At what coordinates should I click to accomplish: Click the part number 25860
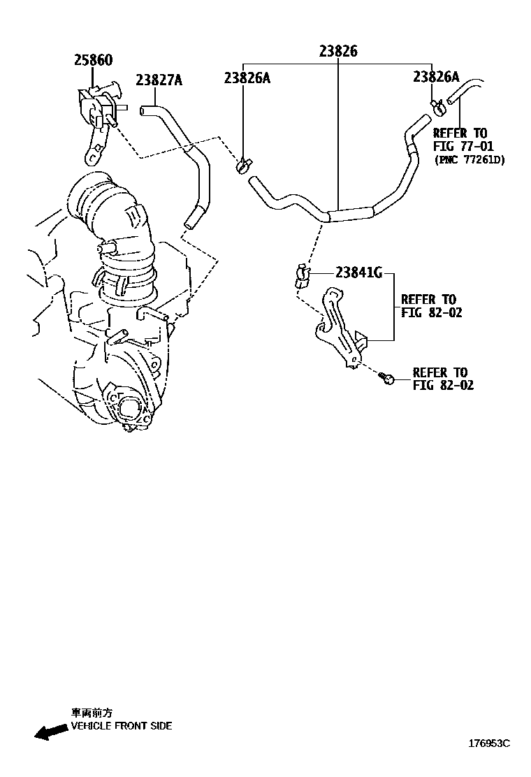coord(93,61)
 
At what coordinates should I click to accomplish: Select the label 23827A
coord(159,80)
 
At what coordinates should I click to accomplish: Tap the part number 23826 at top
coord(338,51)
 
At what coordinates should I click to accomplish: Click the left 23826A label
coord(247,78)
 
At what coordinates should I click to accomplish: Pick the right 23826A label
coord(437,77)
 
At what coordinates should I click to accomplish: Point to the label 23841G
coord(358,273)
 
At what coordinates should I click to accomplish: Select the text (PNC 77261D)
coord(469,159)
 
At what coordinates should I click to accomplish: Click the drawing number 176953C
coord(488,743)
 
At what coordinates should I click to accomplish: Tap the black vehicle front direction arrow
coord(51,731)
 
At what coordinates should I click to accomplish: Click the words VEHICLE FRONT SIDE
coord(121,726)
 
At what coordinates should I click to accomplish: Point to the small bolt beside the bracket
coord(386,378)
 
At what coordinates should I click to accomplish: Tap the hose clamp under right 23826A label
coord(437,107)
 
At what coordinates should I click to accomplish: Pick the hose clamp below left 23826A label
coord(244,166)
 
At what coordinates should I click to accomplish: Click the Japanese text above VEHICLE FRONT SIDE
coord(92,713)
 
